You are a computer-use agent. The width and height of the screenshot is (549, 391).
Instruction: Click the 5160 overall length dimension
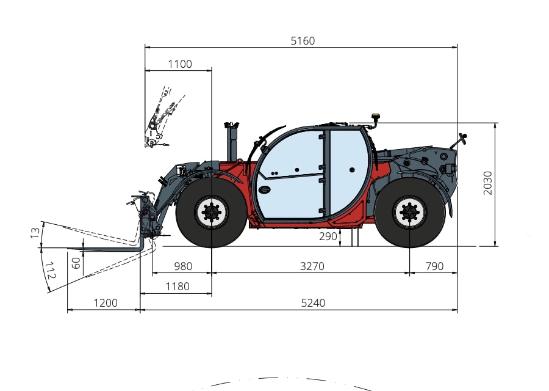(x=303, y=41)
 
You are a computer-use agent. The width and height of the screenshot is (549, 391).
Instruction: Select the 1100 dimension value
(x=180, y=64)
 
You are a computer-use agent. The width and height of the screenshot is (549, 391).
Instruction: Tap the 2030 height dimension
(x=487, y=183)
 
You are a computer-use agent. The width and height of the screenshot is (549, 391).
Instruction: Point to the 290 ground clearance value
(x=328, y=236)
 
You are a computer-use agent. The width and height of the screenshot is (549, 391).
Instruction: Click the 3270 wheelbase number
(x=312, y=266)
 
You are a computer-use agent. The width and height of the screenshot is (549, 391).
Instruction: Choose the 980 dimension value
(x=183, y=266)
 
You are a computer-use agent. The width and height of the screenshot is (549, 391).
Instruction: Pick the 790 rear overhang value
(x=434, y=266)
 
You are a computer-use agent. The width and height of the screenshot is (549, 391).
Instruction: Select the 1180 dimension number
(x=178, y=287)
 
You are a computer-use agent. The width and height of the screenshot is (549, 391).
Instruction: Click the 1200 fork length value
(x=106, y=303)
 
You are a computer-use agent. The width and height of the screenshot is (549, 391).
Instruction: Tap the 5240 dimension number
(x=313, y=303)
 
